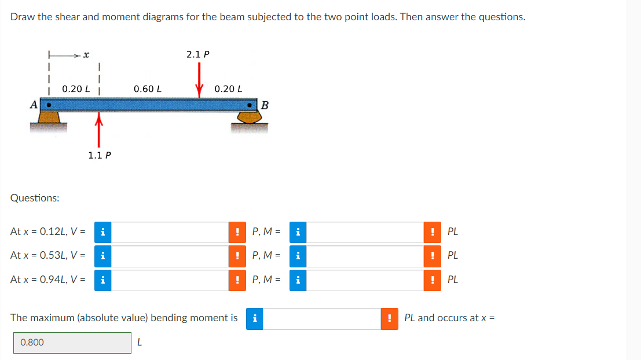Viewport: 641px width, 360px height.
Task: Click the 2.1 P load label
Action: click(198, 54)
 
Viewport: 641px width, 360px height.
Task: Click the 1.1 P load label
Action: click(100, 155)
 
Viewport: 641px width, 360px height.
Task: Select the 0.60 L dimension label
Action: click(147, 89)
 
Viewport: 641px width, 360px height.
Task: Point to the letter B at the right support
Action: click(265, 105)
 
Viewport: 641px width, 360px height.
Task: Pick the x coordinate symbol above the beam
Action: click(85, 56)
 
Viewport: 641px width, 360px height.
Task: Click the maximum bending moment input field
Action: click(322, 318)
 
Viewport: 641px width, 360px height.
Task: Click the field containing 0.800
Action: click(72, 343)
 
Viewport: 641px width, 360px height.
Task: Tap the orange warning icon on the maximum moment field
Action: click(390, 318)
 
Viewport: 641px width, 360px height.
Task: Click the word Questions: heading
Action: click(35, 198)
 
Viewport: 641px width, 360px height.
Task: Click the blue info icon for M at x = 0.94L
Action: click(298, 280)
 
